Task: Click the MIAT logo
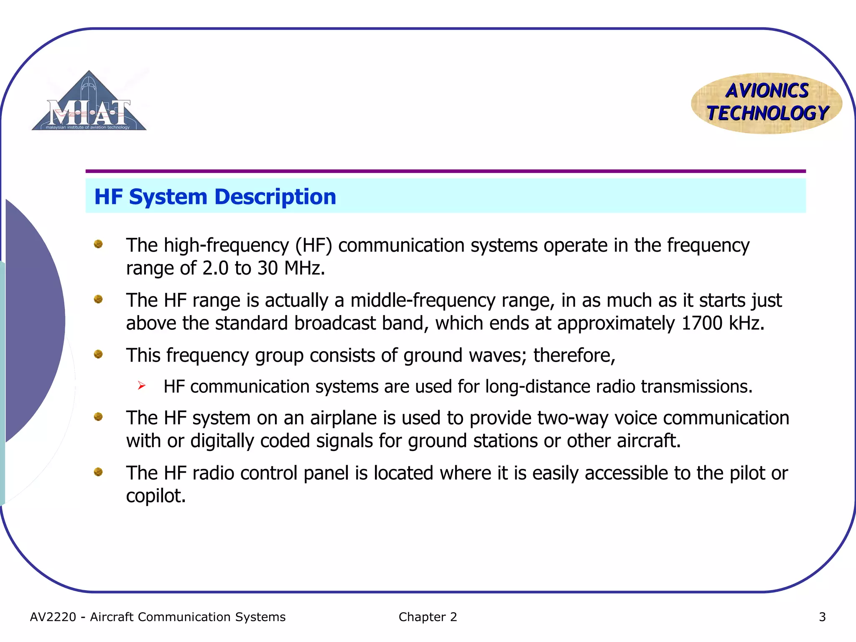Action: (89, 103)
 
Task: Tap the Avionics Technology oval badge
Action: (767, 103)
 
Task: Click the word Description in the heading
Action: (275, 197)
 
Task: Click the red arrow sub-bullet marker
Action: (142, 385)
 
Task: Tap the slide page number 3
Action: (822, 617)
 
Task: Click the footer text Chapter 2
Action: (428, 617)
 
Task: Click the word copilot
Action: (155, 496)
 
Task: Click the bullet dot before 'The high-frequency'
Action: (98, 244)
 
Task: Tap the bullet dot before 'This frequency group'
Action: (98, 354)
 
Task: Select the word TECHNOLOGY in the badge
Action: (767, 113)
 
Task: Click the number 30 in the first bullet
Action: (267, 268)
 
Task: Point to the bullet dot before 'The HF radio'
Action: (98, 472)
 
